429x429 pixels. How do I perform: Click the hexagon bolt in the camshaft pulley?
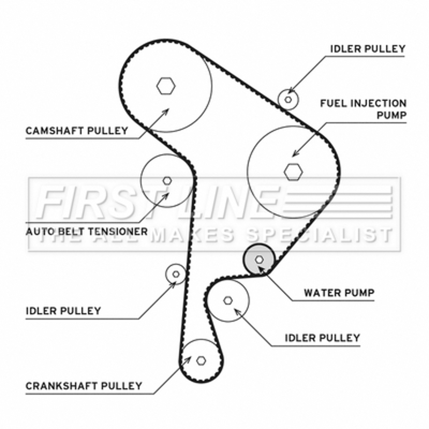pos(166,85)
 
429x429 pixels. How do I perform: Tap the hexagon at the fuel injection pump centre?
pos(293,171)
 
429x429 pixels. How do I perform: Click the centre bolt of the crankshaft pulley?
pos(201,360)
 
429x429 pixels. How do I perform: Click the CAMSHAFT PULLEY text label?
pos(77,130)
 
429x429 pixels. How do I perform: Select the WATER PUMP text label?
pos(338,293)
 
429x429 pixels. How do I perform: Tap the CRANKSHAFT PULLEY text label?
pos(84,386)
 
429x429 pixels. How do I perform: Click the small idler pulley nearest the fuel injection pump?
pos(289,99)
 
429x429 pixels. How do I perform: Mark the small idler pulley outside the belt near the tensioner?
pos(175,274)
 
